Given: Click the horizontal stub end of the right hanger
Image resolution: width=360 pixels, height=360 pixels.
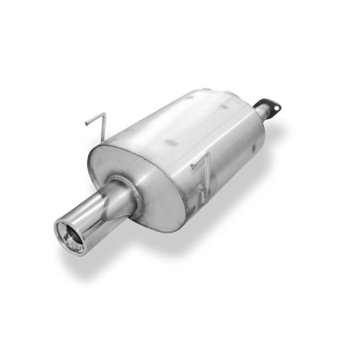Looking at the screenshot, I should point(194,166).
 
